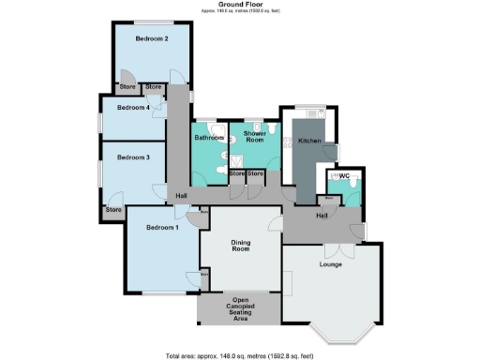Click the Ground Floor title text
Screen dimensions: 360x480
[x=239, y=5]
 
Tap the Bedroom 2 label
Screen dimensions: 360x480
[x=151, y=39]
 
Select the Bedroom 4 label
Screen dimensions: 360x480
[x=133, y=108]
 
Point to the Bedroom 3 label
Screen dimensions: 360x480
[x=133, y=157]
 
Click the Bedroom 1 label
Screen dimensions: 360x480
[x=162, y=228]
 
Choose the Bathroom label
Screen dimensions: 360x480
[x=207, y=138]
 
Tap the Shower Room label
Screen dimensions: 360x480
[x=256, y=138]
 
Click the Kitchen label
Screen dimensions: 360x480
[x=310, y=141]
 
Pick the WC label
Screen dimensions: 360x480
[x=344, y=175]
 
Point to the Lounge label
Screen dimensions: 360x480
[x=330, y=265]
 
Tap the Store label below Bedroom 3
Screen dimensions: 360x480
[x=113, y=209]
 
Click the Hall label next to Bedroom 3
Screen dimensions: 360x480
[x=182, y=195]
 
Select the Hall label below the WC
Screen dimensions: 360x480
[x=322, y=216]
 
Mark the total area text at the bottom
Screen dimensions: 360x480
[x=239, y=354]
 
